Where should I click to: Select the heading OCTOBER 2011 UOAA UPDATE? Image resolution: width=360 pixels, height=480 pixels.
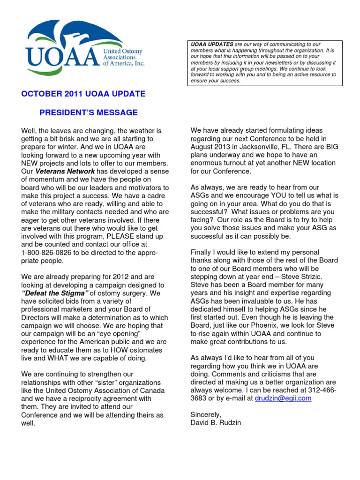tap(83, 94)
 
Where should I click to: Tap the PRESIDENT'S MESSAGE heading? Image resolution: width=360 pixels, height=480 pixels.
tap(88, 112)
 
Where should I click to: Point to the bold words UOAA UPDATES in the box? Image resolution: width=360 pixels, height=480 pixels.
tap(211, 44)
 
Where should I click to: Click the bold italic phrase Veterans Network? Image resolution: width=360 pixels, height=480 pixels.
tap(65, 172)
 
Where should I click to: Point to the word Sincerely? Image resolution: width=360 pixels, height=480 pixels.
tap(206, 415)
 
